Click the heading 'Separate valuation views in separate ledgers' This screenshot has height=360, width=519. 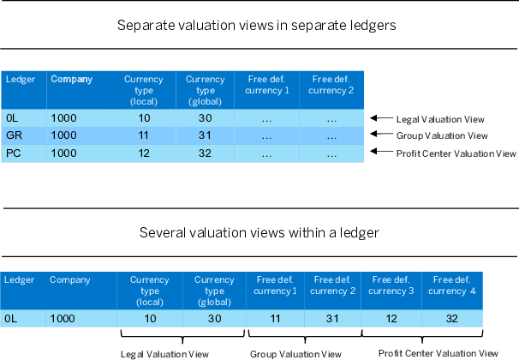[257, 26]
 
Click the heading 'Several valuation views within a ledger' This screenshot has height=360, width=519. [258, 233]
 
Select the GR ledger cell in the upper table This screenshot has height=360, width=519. [15, 135]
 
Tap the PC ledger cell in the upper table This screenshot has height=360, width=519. [14, 153]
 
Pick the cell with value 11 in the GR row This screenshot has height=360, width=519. [144, 135]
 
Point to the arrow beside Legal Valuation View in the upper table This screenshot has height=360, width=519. [379, 118]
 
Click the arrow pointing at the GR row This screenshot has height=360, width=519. [379, 135]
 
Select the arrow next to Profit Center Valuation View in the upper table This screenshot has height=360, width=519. [379, 153]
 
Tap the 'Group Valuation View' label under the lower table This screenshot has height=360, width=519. [295, 354]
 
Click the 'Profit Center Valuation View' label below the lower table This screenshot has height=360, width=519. [438, 353]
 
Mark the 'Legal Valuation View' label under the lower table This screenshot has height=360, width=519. [162, 354]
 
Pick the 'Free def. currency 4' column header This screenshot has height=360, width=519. [453, 285]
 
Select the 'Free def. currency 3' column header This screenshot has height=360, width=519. [392, 285]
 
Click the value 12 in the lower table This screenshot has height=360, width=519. [392, 318]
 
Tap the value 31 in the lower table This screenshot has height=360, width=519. [332, 318]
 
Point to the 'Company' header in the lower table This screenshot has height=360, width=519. [69, 279]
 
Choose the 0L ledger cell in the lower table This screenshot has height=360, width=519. [12, 318]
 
